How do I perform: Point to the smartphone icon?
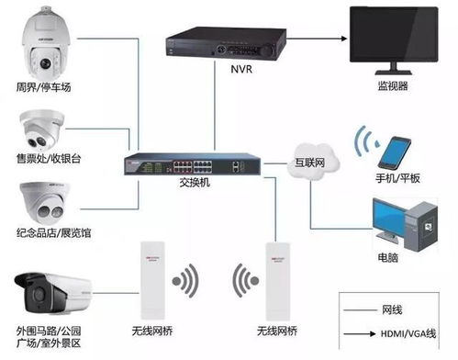pos(397,150)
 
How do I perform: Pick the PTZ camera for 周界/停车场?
pos(43,45)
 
